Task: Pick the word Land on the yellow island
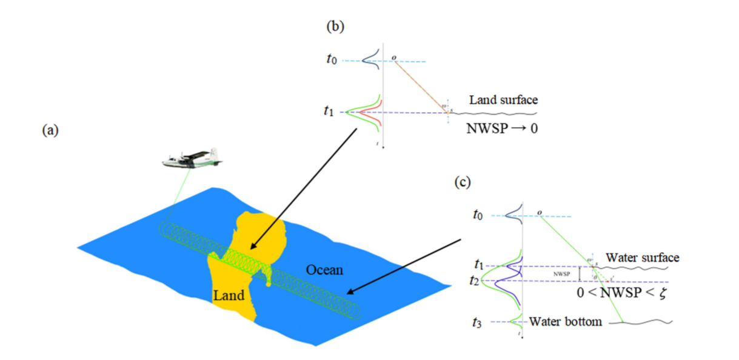[229, 296]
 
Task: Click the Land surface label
[503, 100]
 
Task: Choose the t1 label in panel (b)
[329, 112]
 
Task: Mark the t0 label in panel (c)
[479, 215]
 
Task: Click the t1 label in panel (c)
[479, 265]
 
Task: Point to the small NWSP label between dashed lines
[561, 273]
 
